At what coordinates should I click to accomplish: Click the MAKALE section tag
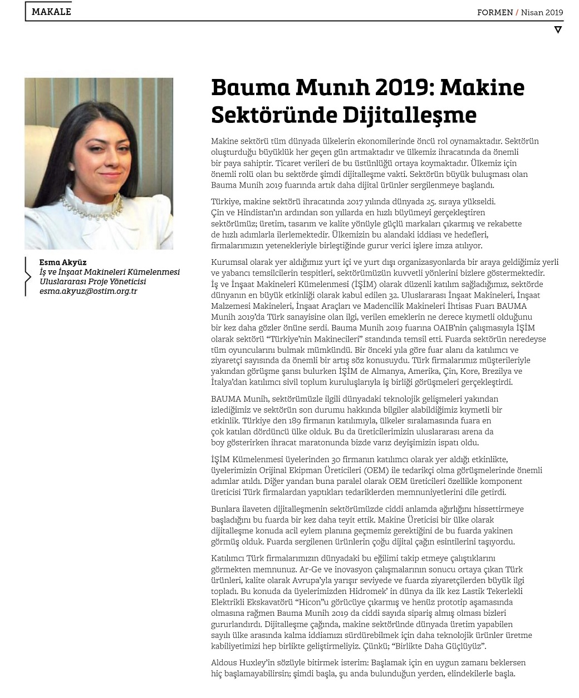pos(51,12)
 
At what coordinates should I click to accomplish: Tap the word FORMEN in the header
pos(494,12)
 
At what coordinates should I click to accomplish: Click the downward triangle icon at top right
pos(558,29)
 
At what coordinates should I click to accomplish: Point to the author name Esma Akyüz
pos(63,263)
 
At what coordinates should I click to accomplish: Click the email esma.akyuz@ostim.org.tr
pos(88,291)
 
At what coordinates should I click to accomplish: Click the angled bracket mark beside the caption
pos(27,276)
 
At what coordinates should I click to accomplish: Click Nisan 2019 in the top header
pos(542,12)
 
